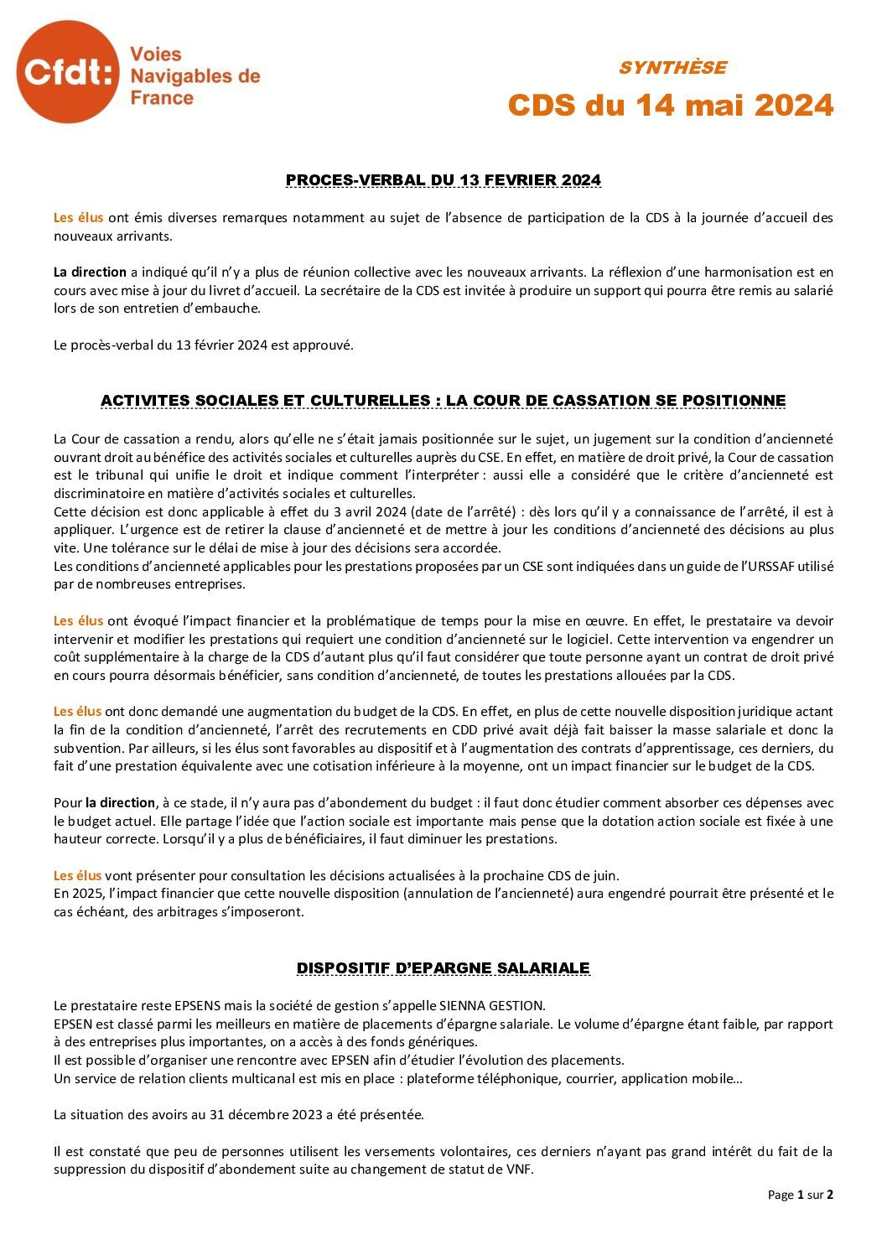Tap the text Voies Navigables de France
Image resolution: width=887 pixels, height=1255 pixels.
click(195, 76)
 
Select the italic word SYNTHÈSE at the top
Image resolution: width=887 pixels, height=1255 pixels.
click(672, 68)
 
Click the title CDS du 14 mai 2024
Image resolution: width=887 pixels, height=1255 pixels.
click(671, 106)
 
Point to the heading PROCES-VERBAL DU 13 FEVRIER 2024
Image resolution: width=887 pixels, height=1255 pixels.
click(443, 180)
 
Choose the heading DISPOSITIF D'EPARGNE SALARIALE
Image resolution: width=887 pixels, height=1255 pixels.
click(443, 968)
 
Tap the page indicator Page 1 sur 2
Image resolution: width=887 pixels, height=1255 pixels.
click(800, 1195)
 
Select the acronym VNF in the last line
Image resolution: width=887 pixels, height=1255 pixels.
click(520, 1169)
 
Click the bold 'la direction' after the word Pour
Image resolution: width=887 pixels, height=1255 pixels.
click(121, 802)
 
